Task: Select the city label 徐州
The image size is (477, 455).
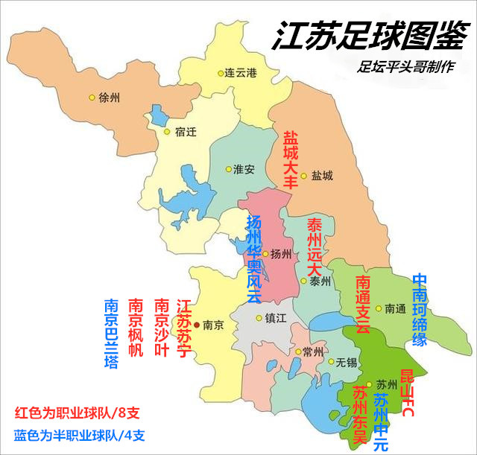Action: click(109, 98)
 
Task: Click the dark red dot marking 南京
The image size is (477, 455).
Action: click(197, 325)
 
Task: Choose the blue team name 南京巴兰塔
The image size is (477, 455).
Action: click(111, 334)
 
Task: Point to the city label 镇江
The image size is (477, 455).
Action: click(275, 317)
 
